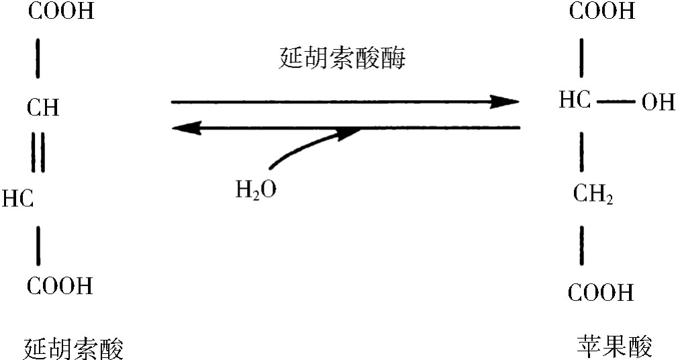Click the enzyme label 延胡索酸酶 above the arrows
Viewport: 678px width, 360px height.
[342, 58]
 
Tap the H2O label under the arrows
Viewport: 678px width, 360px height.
[256, 190]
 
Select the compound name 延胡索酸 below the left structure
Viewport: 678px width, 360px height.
[73, 349]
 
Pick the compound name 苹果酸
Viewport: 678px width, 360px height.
[614, 346]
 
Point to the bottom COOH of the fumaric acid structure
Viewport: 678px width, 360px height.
[60, 285]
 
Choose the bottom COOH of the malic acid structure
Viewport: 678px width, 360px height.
[601, 293]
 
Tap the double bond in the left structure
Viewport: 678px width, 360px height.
[38, 152]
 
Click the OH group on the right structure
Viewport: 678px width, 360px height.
[658, 103]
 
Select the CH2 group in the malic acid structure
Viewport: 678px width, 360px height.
[593, 193]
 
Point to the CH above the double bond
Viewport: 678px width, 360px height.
[43, 107]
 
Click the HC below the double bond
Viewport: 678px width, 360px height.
[17, 199]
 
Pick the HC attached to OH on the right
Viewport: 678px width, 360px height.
[575, 100]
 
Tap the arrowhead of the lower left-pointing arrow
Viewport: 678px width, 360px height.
[187, 128]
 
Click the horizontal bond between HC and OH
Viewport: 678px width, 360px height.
[616, 103]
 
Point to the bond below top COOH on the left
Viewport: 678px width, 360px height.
[38, 58]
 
